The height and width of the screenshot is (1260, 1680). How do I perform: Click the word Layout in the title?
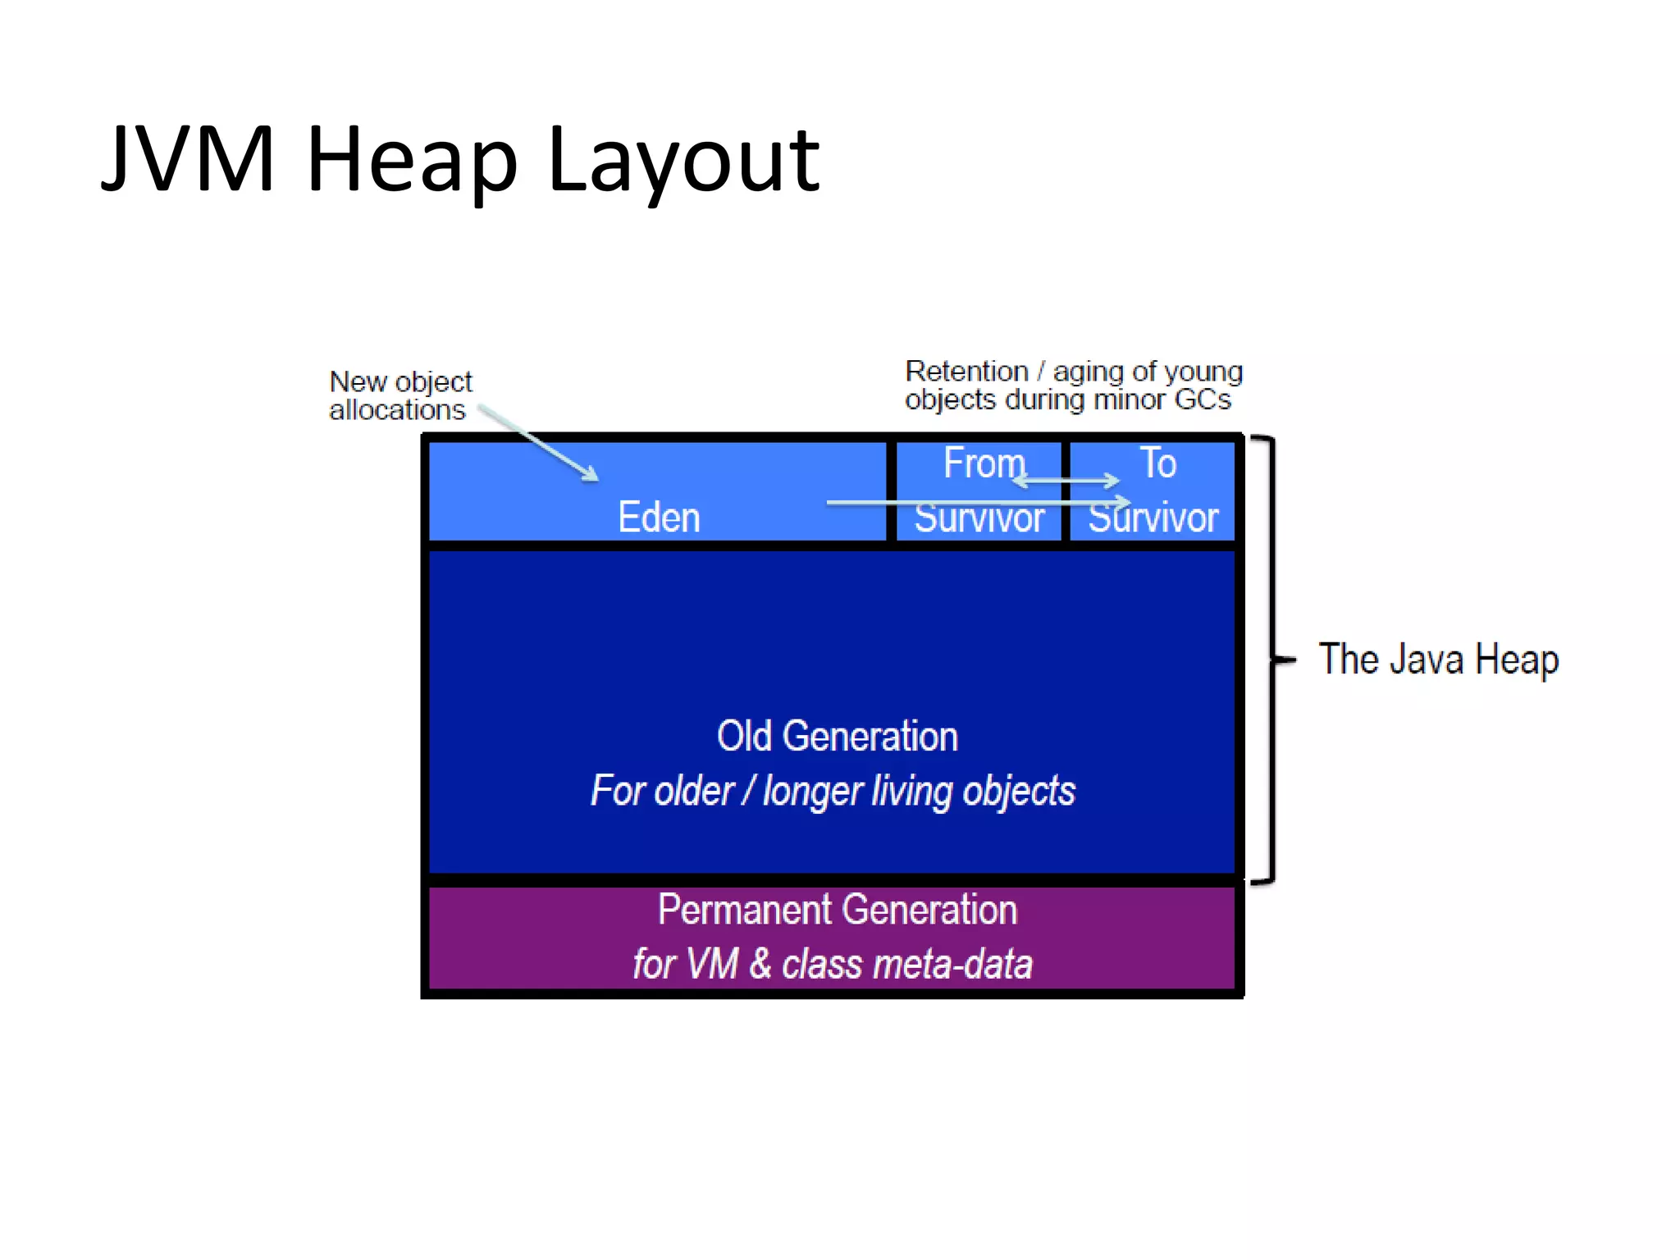tap(682, 162)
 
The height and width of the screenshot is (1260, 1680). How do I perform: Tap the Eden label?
tap(659, 518)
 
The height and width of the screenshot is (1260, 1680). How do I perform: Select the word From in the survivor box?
tap(984, 463)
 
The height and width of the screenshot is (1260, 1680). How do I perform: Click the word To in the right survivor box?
tap(1157, 463)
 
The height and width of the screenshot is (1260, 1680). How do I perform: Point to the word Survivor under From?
tap(979, 518)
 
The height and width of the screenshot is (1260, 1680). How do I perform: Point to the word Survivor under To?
tap(1153, 518)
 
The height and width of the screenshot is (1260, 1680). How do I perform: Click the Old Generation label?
tap(837, 736)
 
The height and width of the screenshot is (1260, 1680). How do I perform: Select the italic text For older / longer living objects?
tap(832, 791)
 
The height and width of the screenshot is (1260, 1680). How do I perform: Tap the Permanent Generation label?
tap(837, 910)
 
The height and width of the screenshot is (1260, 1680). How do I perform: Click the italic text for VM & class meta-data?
tap(832, 964)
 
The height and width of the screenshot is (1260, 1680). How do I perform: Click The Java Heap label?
tap(1438, 660)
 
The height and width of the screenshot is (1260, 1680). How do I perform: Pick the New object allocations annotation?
tap(399, 395)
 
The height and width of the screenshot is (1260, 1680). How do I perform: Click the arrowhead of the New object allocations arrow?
tap(590, 474)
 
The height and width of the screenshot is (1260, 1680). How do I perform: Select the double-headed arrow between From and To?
tap(1066, 481)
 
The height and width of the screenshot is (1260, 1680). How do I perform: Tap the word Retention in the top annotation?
tap(966, 372)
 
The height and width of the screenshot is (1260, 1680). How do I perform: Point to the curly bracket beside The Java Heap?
tap(1271, 660)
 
